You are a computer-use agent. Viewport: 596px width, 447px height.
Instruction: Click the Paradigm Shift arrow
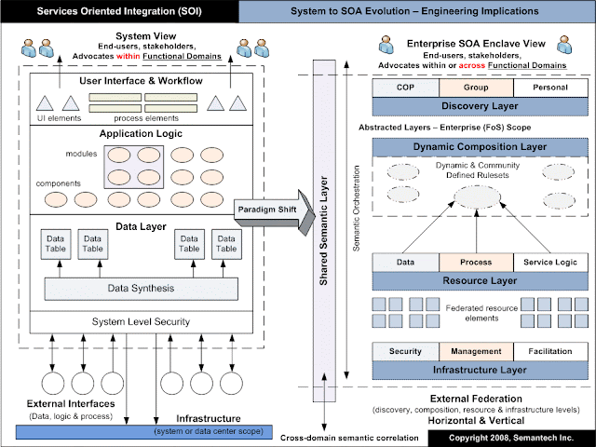coord(275,212)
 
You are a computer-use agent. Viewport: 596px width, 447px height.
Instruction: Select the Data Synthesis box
coord(142,289)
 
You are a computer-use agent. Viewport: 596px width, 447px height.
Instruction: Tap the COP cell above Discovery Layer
coord(406,88)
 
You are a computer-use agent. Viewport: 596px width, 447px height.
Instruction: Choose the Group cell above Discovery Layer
coord(476,88)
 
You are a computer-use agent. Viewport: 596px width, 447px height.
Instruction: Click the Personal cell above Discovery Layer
coord(550,88)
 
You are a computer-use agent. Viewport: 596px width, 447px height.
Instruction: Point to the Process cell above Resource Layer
coord(476,263)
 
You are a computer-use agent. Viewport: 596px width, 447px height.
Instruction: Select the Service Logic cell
coord(550,263)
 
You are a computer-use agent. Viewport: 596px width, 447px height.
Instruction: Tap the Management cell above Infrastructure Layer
coord(476,352)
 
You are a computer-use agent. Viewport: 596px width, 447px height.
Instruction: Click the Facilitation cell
coord(550,352)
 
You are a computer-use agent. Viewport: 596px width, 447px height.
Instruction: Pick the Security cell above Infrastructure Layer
coord(406,352)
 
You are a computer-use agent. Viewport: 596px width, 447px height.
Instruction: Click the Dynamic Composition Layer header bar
coord(481,147)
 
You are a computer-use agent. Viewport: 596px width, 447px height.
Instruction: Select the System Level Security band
coord(142,322)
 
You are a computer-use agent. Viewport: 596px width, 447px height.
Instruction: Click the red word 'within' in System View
coord(129,56)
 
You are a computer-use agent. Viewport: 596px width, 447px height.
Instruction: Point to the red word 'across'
coord(472,65)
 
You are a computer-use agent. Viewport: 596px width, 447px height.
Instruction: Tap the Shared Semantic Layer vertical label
coord(323,231)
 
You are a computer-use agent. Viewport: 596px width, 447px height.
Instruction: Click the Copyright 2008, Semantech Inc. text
coord(511,438)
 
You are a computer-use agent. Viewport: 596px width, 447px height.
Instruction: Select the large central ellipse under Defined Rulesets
coord(477,197)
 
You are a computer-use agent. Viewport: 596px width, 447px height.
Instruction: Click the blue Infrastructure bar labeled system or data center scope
coord(144,432)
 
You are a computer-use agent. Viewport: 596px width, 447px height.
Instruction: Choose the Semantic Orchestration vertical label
coord(356,209)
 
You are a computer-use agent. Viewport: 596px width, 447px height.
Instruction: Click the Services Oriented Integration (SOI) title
coord(119,11)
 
